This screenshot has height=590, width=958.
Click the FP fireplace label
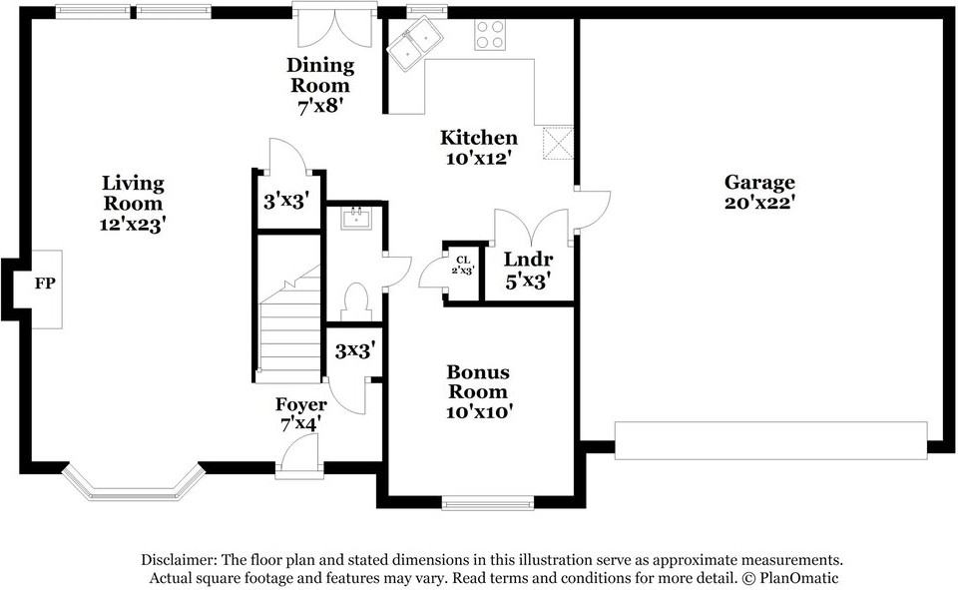(45, 284)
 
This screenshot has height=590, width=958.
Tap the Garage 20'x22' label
(759, 192)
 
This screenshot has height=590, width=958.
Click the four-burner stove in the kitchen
(490, 34)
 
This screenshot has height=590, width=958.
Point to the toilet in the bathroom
(354, 301)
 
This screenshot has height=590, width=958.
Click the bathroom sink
(355, 219)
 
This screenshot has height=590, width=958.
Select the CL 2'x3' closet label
(463, 266)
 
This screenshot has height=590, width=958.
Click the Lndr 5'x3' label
(528, 270)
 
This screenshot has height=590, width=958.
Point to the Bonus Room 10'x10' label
(478, 391)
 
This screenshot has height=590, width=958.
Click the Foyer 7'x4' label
(300, 414)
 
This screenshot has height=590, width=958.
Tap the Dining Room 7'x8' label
(320, 85)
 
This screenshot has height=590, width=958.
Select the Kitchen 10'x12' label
(478, 148)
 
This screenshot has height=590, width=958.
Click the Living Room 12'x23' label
(133, 203)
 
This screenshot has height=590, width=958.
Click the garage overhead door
(770, 440)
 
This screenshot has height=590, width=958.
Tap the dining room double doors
(334, 28)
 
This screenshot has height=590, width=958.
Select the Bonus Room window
(488, 504)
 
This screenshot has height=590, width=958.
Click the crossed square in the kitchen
(558, 143)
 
